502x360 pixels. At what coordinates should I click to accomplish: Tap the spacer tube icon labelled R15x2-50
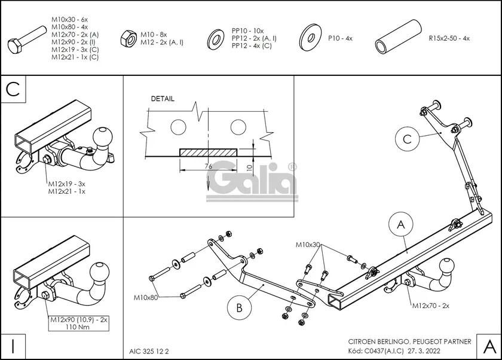point(395,39)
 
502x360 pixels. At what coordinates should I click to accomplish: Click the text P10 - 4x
point(340,38)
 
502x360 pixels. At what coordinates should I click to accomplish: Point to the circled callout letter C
point(406,139)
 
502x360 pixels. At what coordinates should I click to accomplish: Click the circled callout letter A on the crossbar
point(401,224)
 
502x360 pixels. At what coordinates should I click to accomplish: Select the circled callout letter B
point(238,309)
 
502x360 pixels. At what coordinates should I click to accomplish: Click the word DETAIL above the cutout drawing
point(163,99)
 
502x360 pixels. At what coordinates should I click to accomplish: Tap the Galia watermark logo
point(253,179)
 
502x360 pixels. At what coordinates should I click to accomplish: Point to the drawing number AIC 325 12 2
point(149,351)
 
